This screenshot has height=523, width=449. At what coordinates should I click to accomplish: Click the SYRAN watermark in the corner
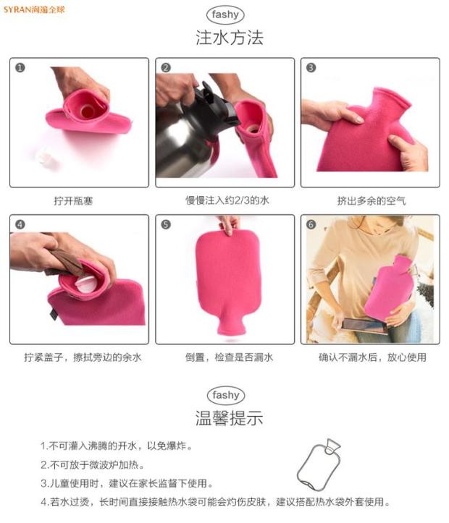tap(34, 9)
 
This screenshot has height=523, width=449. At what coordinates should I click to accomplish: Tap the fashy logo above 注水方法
tap(225, 14)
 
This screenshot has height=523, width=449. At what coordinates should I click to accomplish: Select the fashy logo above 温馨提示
tap(226, 395)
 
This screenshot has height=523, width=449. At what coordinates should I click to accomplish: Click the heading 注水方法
tap(230, 38)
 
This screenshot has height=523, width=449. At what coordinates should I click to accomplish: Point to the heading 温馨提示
tap(230, 418)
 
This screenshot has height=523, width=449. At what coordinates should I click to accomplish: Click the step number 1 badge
tap(20, 68)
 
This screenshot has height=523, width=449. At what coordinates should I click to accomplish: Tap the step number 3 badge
tap(311, 68)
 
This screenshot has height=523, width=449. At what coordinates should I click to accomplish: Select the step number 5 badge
tap(166, 224)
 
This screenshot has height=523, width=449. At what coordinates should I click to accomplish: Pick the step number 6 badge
tap(311, 224)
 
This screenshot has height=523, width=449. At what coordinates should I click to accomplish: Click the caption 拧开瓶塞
tap(73, 201)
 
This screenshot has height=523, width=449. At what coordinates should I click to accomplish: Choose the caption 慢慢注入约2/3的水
tap(227, 200)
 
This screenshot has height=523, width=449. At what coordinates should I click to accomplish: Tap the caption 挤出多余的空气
tap(372, 201)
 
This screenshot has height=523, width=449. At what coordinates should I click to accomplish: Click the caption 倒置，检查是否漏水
tap(230, 357)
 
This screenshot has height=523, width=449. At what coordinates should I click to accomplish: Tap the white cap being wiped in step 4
tap(85, 284)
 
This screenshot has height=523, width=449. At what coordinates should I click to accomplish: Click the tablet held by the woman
tap(364, 326)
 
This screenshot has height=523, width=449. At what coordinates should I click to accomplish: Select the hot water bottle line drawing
tap(319, 464)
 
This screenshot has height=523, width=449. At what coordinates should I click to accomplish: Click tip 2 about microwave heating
tap(93, 464)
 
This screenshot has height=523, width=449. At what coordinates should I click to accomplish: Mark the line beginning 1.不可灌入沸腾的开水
tap(117, 446)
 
